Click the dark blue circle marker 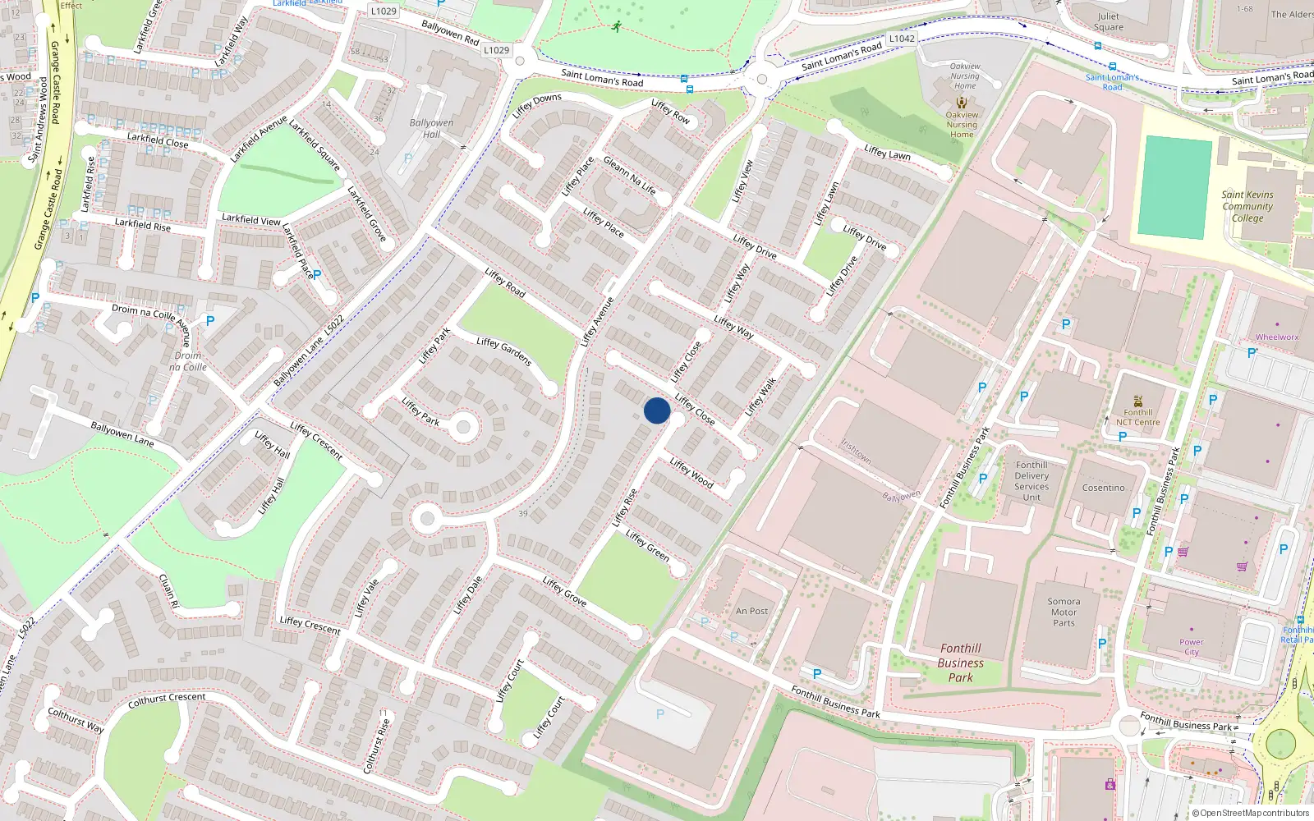pyautogui.click(x=657, y=410)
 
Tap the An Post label pyautogui.click(x=751, y=611)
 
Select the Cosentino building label pyautogui.click(x=1103, y=488)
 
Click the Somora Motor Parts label pyautogui.click(x=1064, y=612)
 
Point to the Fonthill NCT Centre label pyautogui.click(x=1137, y=417)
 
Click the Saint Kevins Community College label pyautogui.click(x=1247, y=207)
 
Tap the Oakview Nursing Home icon pyautogui.click(x=962, y=103)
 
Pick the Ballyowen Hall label pyautogui.click(x=431, y=128)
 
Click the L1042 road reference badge pyautogui.click(x=902, y=39)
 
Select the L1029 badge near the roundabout pyautogui.click(x=496, y=50)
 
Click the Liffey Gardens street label pyautogui.click(x=504, y=351)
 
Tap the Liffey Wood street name pyautogui.click(x=691, y=473)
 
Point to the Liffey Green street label pyautogui.click(x=647, y=545)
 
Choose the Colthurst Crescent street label pyautogui.click(x=167, y=699)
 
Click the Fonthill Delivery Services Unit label pyautogui.click(x=1031, y=481)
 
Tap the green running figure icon pyautogui.click(x=616, y=26)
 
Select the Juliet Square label pyautogui.click(x=1108, y=21)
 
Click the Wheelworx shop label pyautogui.click(x=1277, y=337)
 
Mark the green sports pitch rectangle pyautogui.click(x=1175, y=188)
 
